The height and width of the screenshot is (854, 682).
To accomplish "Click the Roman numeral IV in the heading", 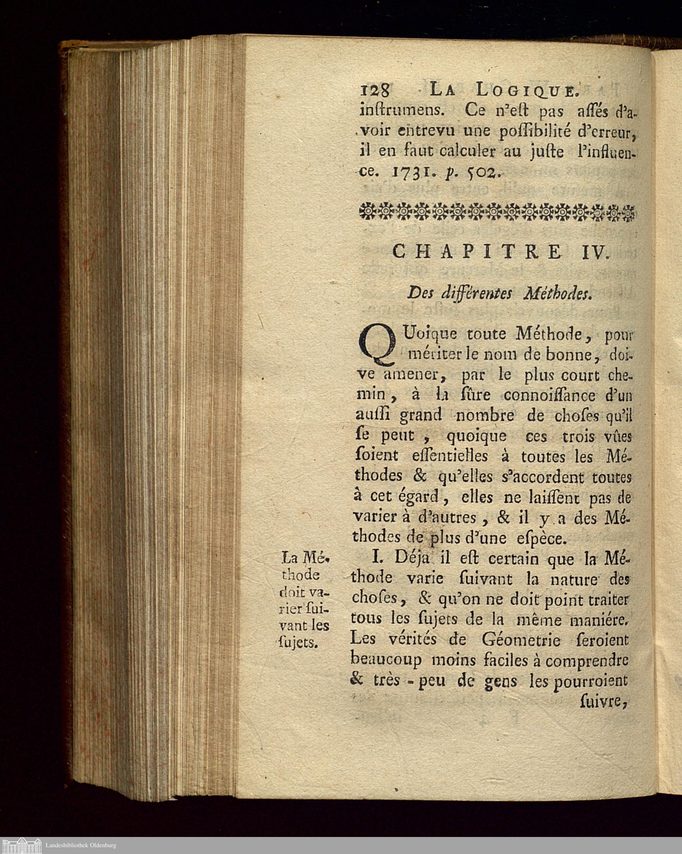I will click(594, 252).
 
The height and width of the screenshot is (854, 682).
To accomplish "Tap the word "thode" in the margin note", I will click(300, 575).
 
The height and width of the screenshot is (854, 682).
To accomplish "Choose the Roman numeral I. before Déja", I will click(377, 558).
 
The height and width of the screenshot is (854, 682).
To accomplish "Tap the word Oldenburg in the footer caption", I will click(101, 845).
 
